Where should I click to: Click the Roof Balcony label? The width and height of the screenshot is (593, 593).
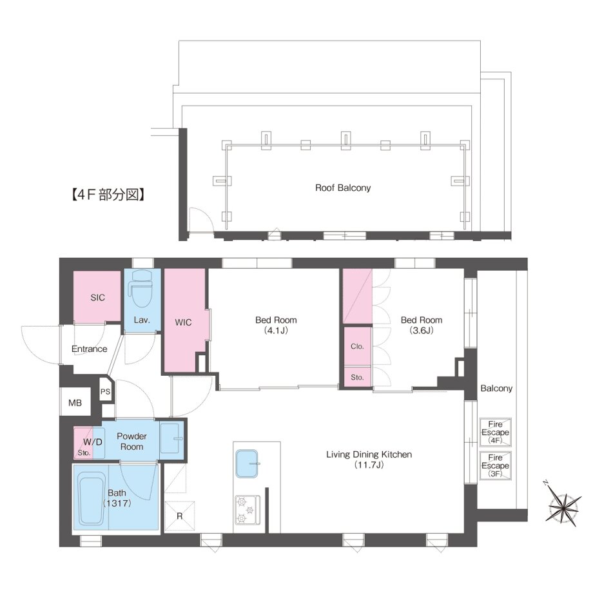(x=343, y=188)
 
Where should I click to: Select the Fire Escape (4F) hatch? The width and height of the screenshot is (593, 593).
(x=496, y=433)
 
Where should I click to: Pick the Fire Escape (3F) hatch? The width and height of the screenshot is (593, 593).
(x=496, y=465)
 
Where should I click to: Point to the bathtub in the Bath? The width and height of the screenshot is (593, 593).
(x=91, y=499)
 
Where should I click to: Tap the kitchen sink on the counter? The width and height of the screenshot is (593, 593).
(x=248, y=463)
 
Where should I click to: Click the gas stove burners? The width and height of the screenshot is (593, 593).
(x=248, y=510)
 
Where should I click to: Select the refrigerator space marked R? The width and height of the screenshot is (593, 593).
(x=180, y=516)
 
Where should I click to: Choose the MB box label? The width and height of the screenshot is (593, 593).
(x=75, y=403)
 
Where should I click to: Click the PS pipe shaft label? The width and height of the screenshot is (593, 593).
(x=105, y=392)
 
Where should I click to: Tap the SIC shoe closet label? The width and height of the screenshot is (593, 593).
(x=97, y=298)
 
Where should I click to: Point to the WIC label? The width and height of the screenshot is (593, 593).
(x=183, y=322)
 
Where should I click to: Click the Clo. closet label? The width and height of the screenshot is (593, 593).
(x=357, y=346)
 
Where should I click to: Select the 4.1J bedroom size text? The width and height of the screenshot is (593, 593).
(x=276, y=331)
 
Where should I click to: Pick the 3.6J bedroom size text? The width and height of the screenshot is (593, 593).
(x=422, y=331)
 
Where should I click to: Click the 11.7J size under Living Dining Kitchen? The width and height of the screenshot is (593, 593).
(x=369, y=465)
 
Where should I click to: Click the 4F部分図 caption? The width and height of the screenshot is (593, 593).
(x=108, y=195)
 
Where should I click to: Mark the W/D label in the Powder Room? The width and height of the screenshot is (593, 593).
(x=93, y=442)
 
